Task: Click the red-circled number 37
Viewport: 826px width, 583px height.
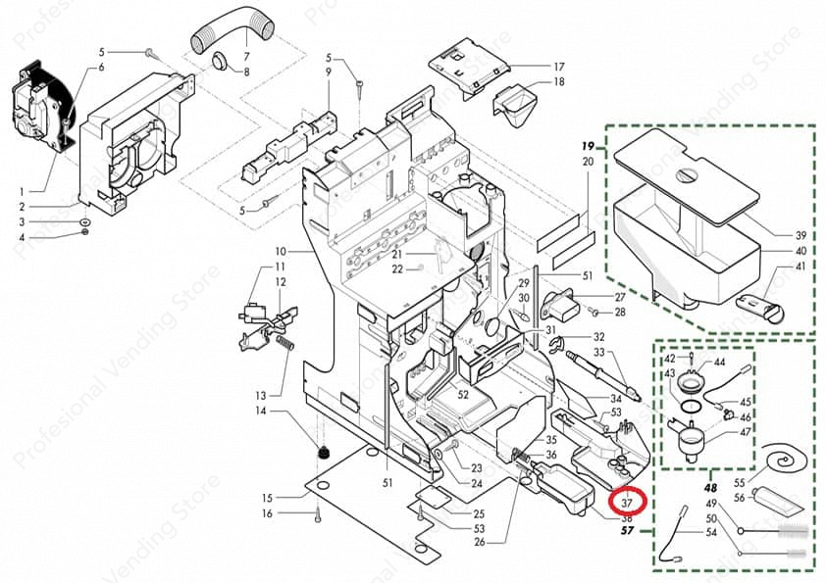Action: (627, 502)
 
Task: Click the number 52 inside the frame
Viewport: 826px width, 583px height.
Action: (462, 393)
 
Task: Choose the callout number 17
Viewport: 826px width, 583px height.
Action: (558, 67)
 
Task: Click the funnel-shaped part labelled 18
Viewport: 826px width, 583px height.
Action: (519, 103)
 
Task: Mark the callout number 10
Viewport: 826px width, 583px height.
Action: (279, 251)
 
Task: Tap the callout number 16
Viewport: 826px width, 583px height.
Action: (267, 513)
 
